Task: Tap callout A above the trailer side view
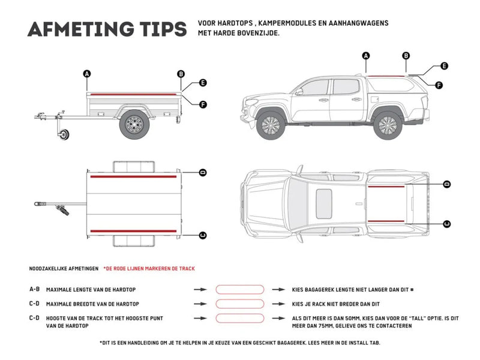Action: click(x=87, y=74)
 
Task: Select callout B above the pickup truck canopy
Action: click(x=406, y=56)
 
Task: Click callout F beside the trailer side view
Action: click(x=203, y=104)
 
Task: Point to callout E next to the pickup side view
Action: click(x=444, y=66)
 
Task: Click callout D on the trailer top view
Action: click(x=202, y=172)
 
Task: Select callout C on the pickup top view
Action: click(x=446, y=224)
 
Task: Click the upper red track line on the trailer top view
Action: click(x=133, y=178)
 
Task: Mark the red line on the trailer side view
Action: click(x=134, y=94)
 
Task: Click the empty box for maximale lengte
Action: click(x=239, y=289)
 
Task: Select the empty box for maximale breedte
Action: click(x=239, y=304)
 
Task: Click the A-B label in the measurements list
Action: click(x=35, y=289)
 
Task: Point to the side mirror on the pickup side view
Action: click(x=298, y=91)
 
